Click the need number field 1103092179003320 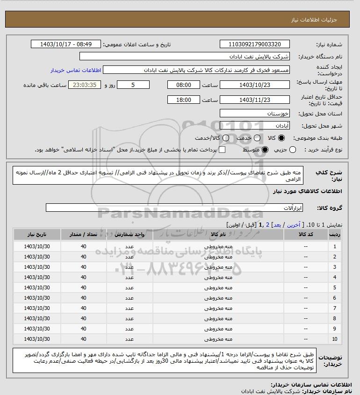(x=254, y=44)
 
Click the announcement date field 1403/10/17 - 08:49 (x=65, y=44)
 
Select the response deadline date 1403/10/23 (x=254, y=85)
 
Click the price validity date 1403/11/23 (x=254, y=100)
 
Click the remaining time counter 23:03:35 (x=84, y=85)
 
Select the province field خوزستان (x=254, y=114)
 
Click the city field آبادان (x=254, y=126)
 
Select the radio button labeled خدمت (x=256, y=138)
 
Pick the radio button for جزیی (x=293, y=150)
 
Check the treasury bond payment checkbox (x=222, y=150)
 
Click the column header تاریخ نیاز (x=37, y=234)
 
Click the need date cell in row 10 (x=37, y=339)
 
